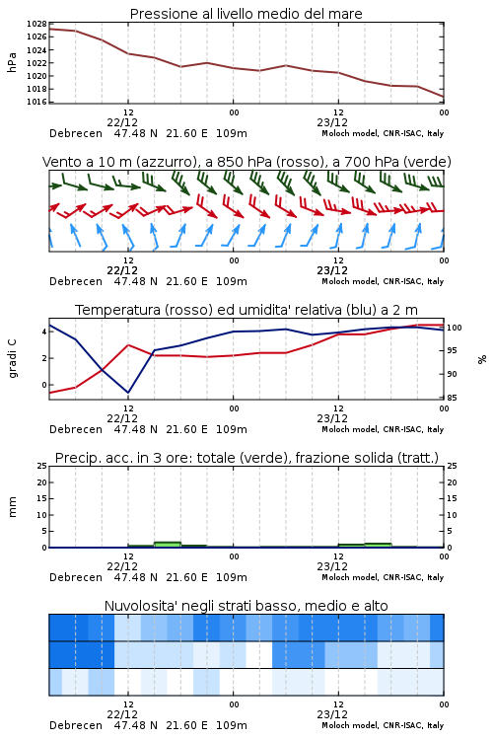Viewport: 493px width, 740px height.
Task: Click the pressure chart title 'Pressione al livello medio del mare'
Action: [x=246, y=14]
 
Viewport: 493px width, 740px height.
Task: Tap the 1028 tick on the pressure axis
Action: [x=36, y=24]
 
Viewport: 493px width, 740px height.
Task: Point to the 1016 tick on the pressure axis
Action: [x=36, y=102]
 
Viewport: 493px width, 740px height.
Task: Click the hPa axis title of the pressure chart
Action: [x=12, y=62]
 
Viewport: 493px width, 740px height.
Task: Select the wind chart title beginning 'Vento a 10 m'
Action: [x=246, y=162]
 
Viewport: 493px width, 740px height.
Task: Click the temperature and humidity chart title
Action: [x=246, y=310]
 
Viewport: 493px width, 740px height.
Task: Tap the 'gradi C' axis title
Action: [x=12, y=358]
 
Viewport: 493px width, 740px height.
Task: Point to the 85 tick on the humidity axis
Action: [x=452, y=398]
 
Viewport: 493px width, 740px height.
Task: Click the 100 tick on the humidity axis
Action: [x=454, y=328]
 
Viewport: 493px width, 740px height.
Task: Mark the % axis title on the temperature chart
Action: [x=482, y=359]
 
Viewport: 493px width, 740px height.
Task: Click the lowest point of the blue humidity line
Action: [x=128, y=393]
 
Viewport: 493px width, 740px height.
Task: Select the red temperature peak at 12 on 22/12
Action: [x=128, y=345]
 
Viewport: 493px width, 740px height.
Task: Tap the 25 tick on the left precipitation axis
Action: [x=41, y=466]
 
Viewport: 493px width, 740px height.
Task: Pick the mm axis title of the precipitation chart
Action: [x=12, y=507]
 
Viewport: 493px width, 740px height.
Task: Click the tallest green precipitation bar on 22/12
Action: [x=168, y=545]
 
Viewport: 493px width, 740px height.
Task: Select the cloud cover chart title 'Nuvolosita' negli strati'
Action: [x=246, y=606]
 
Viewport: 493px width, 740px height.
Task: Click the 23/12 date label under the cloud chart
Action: [x=332, y=714]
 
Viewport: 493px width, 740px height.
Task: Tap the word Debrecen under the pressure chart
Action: [x=76, y=133]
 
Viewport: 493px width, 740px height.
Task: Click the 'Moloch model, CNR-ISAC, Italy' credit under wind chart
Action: [x=383, y=281]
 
